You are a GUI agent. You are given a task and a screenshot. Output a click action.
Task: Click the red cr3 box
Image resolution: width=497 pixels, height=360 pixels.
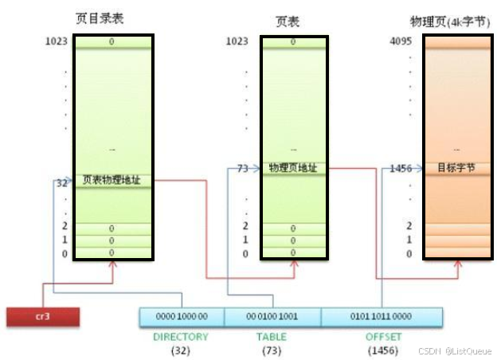[x=43, y=316]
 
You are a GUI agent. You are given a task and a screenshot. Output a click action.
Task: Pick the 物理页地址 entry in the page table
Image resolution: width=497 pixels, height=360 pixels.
[x=293, y=168]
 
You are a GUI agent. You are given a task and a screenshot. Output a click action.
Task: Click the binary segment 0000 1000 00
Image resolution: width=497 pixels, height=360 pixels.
[x=182, y=316]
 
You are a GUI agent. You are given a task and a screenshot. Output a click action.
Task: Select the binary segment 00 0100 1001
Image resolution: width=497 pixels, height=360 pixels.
[x=273, y=316]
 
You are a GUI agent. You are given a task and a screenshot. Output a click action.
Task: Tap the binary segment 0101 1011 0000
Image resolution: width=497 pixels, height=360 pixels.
[x=381, y=316]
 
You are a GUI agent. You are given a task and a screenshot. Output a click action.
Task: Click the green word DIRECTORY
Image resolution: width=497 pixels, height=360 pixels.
[x=181, y=337]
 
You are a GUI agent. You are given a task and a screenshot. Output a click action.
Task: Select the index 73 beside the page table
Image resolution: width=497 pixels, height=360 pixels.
[x=243, y=168]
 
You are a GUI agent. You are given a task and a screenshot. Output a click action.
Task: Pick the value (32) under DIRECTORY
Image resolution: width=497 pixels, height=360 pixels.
[x=181, y=350]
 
